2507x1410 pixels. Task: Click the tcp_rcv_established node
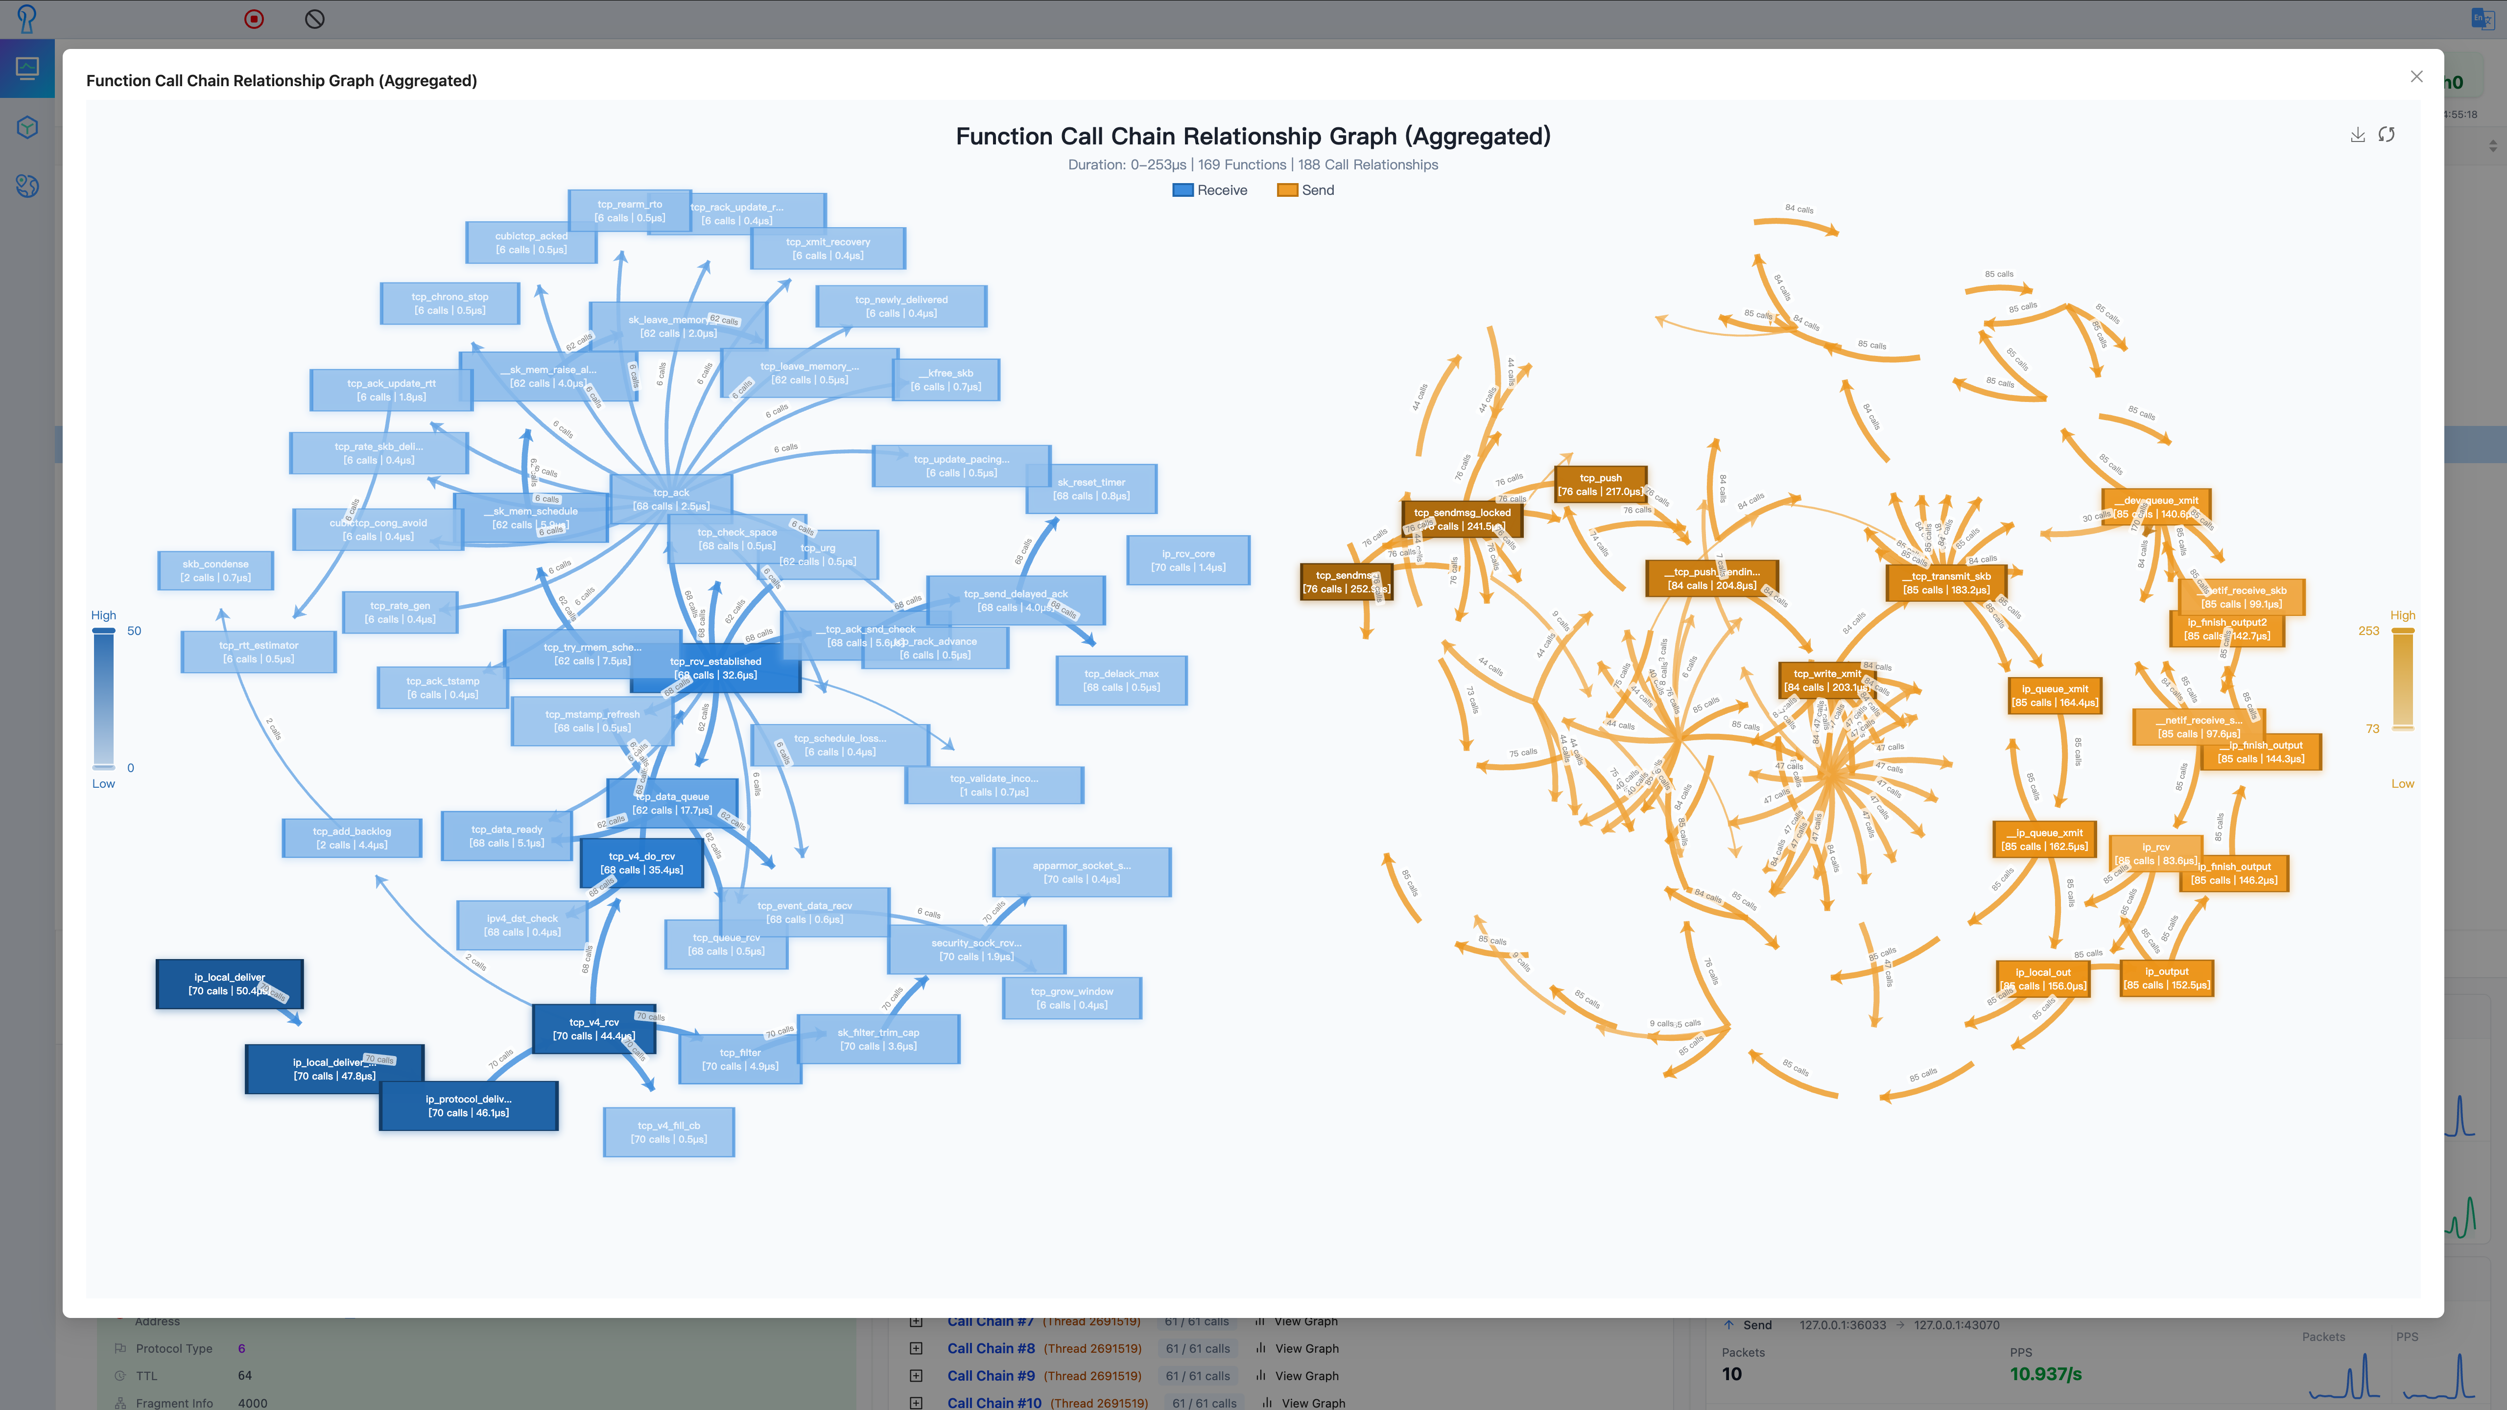pos(715,667)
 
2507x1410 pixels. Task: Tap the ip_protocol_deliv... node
pos(468,1105)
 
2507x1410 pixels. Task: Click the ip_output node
pos(2166,978)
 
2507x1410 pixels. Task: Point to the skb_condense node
pos(215,570)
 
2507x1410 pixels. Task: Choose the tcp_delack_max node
pos(1121,680)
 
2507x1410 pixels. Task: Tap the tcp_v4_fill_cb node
pos(668,1132)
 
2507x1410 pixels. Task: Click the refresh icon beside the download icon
pos(2387,134)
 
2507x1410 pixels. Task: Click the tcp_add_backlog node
pos(352,838)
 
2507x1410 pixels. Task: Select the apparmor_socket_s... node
pos(1081,872)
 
